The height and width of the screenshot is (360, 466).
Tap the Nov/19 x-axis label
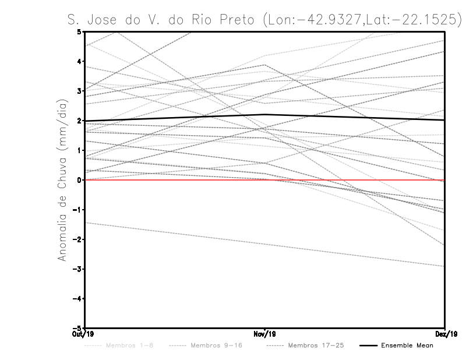(x=265, y=334)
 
